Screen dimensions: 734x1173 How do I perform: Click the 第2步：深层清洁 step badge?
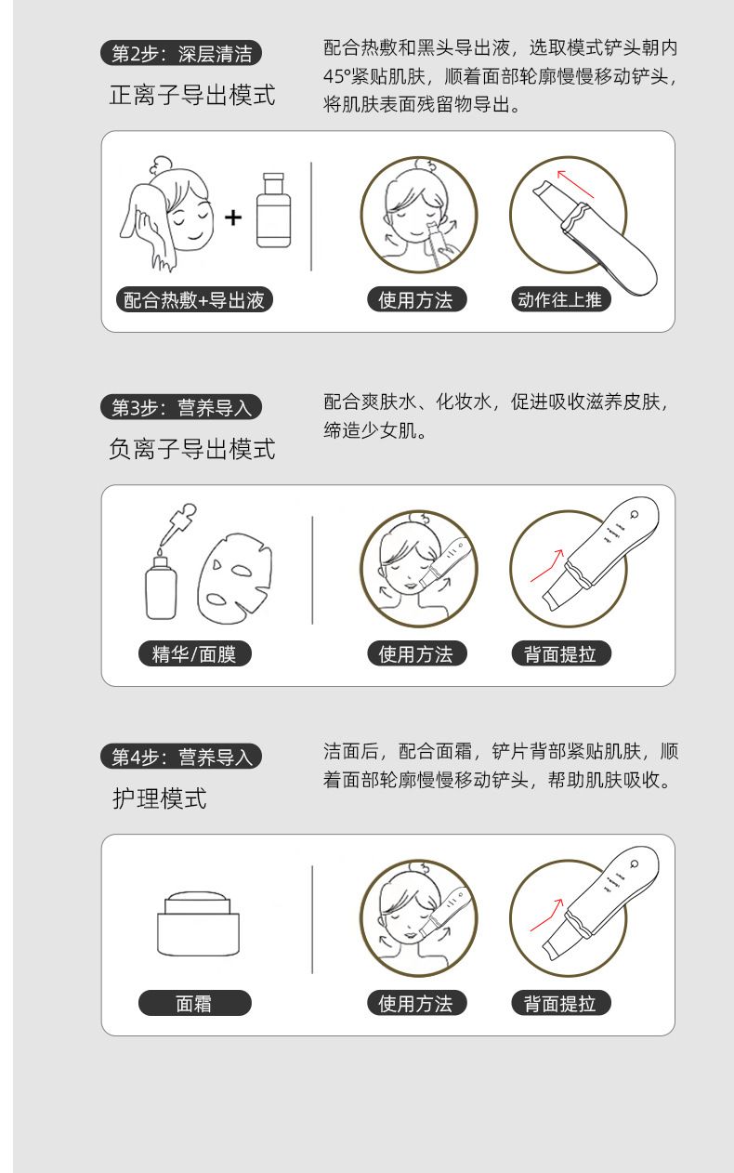tap(181, 53)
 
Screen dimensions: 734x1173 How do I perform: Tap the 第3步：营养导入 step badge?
tap(181, 407)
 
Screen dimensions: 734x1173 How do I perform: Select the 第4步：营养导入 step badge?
tap(181, 757)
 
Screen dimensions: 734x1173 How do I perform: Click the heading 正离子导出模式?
tap(192, 96)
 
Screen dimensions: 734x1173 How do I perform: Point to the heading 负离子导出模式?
tap(192, 449)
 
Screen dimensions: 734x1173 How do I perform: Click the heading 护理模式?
tap(160, 798)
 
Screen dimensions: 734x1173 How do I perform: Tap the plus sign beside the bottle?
tap(233, 217)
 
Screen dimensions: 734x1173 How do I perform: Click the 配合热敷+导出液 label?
tap(194, 300)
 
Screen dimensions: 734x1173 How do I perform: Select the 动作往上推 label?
tap(560, 299)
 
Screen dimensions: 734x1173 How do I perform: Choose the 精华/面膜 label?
tap(195, 653)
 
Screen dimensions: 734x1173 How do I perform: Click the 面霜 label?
tap(195, 1003)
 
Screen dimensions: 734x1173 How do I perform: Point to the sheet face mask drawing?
tap(235, 577)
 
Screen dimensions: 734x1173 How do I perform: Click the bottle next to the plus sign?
tap(273, 210)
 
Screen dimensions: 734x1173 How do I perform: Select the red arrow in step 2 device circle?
tap(575, 184)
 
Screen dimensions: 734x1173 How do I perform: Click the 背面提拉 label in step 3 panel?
tap(560, 653)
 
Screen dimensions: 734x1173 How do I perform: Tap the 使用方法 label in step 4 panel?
tap(416, 1003)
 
